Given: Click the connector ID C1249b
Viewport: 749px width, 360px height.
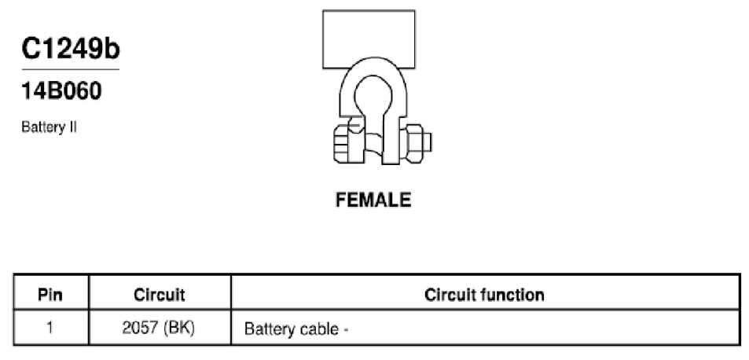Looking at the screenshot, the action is (71, 50).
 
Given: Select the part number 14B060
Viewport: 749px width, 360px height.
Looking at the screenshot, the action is (61, 91).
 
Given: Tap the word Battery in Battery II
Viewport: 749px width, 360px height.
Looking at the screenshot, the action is (42, 128).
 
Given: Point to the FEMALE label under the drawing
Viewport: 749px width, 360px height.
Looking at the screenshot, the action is (373, 200).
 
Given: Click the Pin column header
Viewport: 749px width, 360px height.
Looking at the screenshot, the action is (50, 295).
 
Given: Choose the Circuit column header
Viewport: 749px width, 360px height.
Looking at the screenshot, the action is (159, 295).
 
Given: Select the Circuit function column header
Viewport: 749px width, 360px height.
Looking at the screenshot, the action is (484, 295).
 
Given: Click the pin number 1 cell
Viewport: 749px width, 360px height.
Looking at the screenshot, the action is (50, 329).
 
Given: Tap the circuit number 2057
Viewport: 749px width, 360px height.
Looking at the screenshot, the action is (139, 329).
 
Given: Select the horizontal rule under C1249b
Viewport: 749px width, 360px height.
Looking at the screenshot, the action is (70, 70).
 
